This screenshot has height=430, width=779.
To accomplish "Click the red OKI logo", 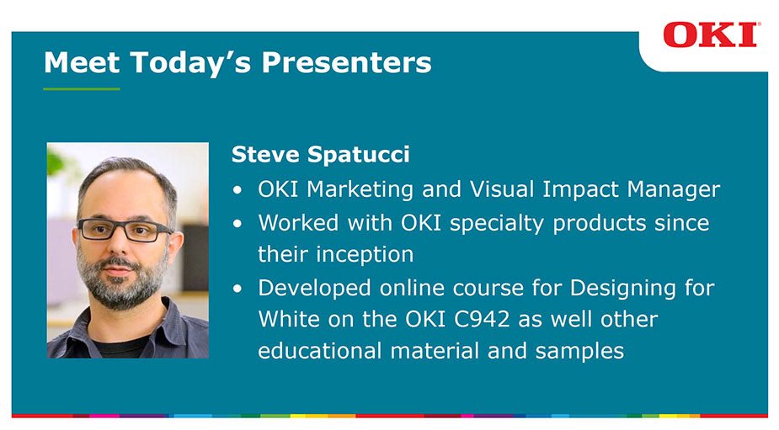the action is coord(710,35).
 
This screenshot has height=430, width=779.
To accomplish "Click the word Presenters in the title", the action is coord(346,63).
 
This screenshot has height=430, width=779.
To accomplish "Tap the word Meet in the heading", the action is coord(82,62).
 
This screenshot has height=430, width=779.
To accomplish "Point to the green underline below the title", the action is coord(82,89).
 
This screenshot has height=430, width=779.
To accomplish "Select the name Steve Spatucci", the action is coord(321,155).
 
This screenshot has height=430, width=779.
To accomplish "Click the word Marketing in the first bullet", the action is coord(360,189).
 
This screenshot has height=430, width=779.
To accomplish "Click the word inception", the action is coord(365,254).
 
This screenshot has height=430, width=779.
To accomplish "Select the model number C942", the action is coord(482,319).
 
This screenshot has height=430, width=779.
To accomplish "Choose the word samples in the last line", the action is coord(579,351).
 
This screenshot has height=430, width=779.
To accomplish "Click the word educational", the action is coord(319,350).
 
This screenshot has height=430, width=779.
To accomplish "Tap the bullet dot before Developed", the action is coord(237,288).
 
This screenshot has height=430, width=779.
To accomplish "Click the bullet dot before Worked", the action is coord(237,224).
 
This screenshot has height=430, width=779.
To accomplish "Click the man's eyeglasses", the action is coord(124,230).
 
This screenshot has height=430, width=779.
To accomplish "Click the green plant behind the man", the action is coord(56,164).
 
